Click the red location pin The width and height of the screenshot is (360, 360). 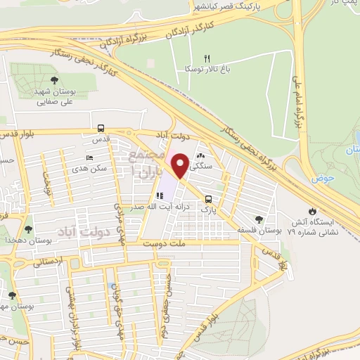coord(181,165)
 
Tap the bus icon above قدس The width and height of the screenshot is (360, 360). coord(101,129)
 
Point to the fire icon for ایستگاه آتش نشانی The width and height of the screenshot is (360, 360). coord(311,210)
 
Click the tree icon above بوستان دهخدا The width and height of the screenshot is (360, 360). coord(28,229)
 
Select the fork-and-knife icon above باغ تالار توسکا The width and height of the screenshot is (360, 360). coord(207,58)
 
